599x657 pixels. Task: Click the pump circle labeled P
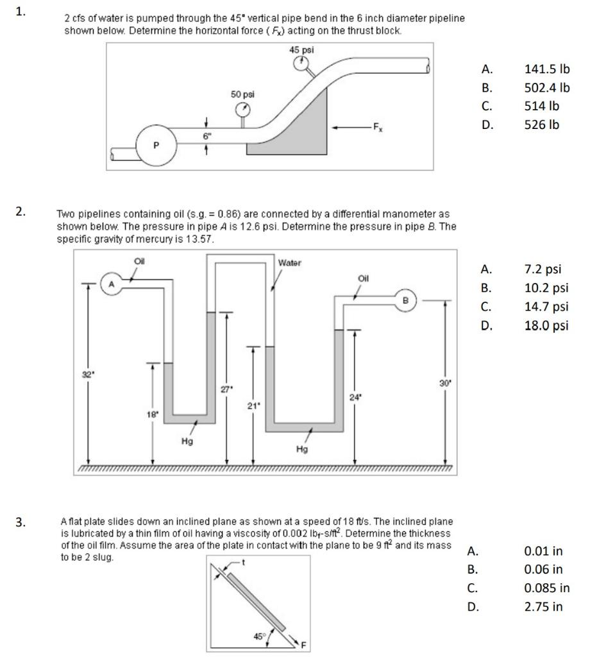[156, 145]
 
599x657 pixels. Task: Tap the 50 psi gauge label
[242, 94]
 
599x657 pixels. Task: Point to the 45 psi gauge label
[301, 49]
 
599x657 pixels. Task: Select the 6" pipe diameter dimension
[207, 135]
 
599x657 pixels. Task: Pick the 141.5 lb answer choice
[546, 69]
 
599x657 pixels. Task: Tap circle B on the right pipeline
[405, 300]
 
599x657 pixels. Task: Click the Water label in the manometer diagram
[290, 262]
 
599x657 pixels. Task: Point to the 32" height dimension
[86, 373]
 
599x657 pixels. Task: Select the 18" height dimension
[151, 414]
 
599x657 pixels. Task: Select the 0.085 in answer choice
[546, 587]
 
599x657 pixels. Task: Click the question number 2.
[21, 212]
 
